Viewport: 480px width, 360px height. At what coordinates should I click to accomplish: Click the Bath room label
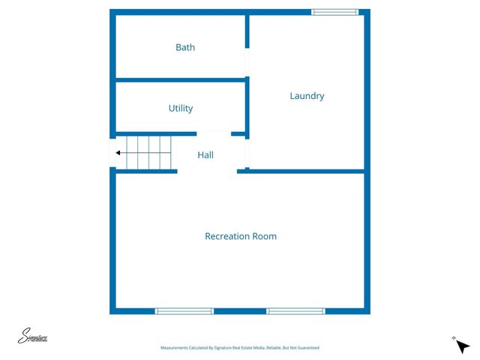click(x=185, y=47)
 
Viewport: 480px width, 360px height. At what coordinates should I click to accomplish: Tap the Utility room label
click(x=181, y=108)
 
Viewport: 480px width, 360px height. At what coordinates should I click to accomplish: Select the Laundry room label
click(x=307, y=96)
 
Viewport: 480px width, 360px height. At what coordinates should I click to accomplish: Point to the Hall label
click(x=205, y=155)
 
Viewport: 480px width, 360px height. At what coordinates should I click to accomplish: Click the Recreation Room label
click(x=241, y=236)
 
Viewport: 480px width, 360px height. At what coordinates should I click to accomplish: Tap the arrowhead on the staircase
click(x=118, y=153)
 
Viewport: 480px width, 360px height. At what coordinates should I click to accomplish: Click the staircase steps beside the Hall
click(x=148, y=153)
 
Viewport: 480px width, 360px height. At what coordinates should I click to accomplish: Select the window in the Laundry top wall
click(x=334, y=12)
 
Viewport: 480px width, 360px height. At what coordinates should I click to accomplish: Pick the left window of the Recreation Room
click(x=184, y=310)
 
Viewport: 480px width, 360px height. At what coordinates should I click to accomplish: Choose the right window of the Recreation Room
click(x=295, y=310)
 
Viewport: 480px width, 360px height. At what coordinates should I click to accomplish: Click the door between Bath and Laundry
click(x=247, y=61)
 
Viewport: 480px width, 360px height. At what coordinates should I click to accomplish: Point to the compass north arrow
click(x=462, y=346)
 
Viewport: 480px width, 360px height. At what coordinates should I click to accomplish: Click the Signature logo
click(x=33, y=337)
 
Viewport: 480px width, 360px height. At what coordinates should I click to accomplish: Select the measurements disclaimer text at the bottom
click(x=240, y=348)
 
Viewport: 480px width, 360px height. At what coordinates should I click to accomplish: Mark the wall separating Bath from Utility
click(x=180, y=79)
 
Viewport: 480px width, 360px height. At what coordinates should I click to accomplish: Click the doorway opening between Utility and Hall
click(x=213, y=134)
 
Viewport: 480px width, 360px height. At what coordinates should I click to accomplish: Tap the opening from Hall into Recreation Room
click(x=207, y=172)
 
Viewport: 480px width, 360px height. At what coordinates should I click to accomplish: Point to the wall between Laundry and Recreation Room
click(x=306, y=171)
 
